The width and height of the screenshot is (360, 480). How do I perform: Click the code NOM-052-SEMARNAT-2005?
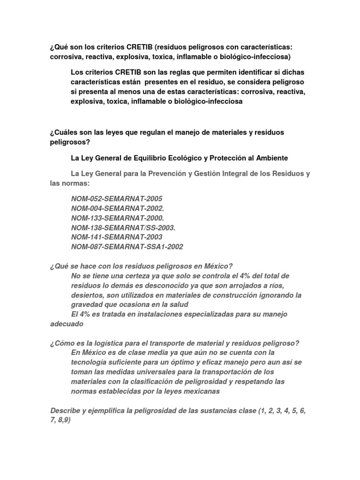tap(117, 199)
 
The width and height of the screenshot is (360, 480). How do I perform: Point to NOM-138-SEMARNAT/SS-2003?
tap(123, 227)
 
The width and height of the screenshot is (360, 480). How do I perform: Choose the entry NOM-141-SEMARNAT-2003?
tap(117, 237)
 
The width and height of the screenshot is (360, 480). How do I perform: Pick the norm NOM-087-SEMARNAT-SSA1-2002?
tap(127, 247)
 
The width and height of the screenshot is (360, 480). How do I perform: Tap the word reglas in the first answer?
tap(170, 73)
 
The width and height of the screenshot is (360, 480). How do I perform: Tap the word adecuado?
tap(67, 323)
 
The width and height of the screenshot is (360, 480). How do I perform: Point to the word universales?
tap(145, 372)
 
